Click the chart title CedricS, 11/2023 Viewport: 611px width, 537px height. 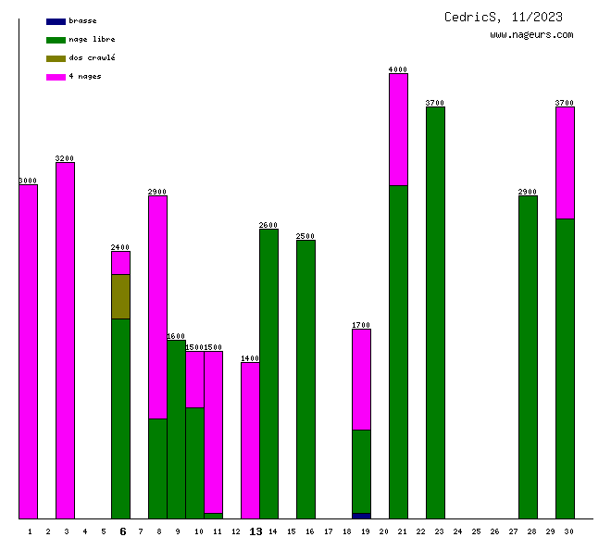[x=503, y=17]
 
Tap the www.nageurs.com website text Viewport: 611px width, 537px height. [x=531, y=35]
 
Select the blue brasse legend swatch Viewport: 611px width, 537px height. [x=56, y=21]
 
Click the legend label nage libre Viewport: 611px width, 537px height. [x=92, y=40]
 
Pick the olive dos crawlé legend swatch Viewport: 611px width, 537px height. [x=56, y=58]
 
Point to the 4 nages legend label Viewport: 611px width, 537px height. [x=85, y=77]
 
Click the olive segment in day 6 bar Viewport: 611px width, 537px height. [x=120, y=296]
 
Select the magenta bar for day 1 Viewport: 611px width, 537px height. [x=29, y=352]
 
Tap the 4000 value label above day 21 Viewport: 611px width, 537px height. [x=398, y=69]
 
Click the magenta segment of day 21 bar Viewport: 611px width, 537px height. [x=398, y=130]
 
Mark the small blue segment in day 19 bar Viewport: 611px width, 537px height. [x=361, y=516]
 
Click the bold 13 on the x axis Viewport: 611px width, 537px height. [x=256, y=531]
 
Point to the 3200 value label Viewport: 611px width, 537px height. [x=65, y=158]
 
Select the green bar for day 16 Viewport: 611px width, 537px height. [x=305, y=380]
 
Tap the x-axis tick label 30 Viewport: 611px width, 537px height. [x=568, y=531]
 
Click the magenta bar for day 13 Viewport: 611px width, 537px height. [x=250, y=440]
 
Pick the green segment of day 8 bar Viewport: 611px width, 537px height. [x=157, y=468]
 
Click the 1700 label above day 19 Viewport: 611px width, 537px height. [x=361, y=325]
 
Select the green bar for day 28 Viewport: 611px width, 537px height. [x=528, y=357]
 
